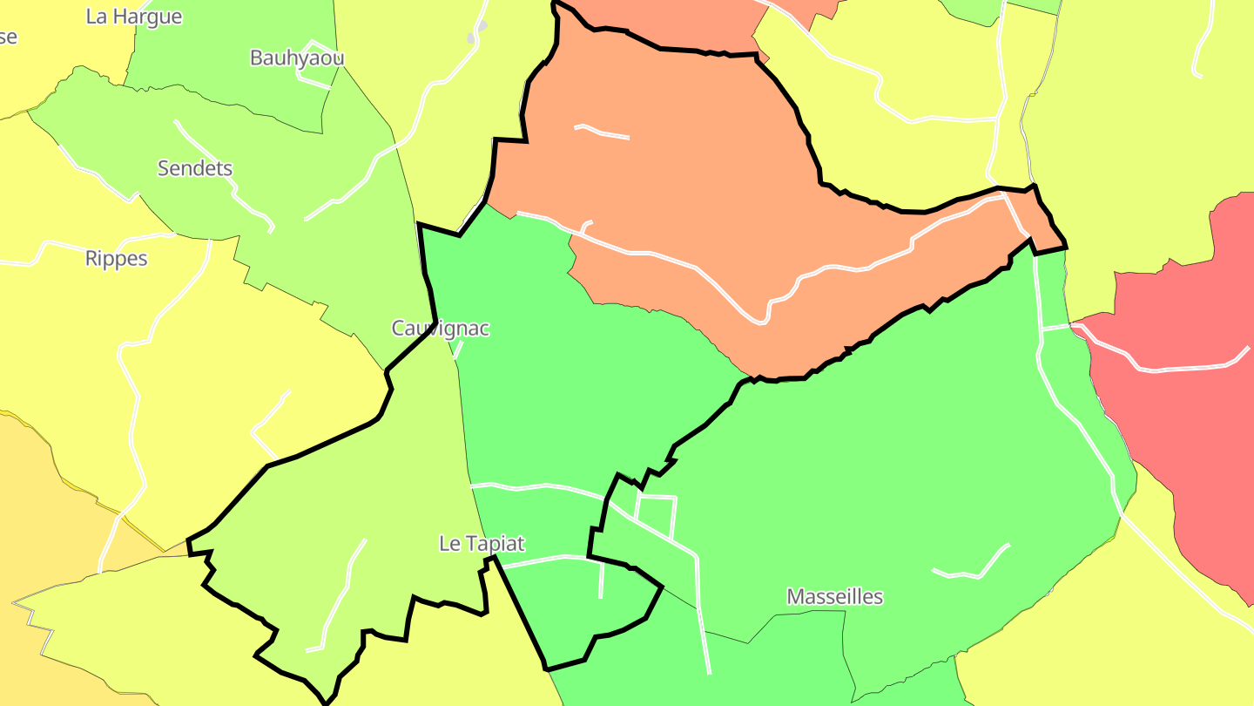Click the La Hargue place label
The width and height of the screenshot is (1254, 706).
click(134, 17)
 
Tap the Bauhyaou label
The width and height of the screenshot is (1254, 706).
click(297, 58)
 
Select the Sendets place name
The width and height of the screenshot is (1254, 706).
click(195, 168)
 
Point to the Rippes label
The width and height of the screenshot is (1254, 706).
click(117, 259)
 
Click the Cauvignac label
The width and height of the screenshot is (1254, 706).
click(441, 329)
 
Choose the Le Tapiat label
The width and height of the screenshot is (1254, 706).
click(482, 544)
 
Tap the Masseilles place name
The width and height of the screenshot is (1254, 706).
click(834, 597)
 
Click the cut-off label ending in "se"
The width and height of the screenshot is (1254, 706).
click(8, 37)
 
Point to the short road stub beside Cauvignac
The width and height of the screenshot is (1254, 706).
click(457, 349)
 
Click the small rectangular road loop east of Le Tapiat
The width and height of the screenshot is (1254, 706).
click(656, 514)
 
